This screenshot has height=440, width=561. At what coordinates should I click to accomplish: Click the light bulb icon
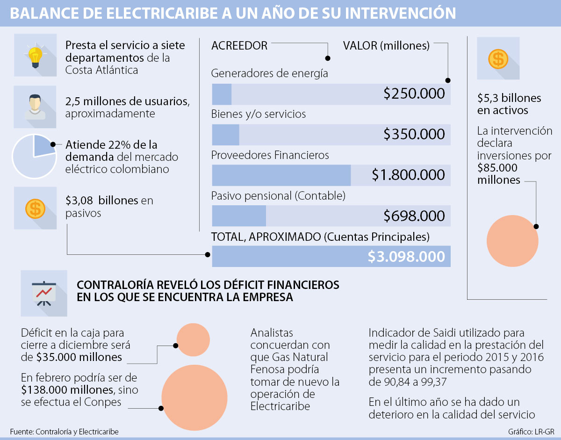(35, 55)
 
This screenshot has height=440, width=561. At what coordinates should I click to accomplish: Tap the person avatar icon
(35, 107)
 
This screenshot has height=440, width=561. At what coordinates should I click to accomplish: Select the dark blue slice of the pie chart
(42, 147)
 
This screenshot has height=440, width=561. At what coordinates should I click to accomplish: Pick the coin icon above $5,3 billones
(498, 58)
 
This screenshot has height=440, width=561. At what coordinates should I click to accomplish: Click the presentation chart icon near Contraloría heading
(43, 293)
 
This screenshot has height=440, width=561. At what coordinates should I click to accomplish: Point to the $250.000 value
(414, 94)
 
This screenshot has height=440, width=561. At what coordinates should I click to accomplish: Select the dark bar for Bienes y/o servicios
(225, 135)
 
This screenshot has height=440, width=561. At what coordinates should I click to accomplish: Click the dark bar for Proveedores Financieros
(281, 175)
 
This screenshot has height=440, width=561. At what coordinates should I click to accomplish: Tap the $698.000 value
(414, 216)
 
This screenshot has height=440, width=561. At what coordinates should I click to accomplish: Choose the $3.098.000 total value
(406, 257)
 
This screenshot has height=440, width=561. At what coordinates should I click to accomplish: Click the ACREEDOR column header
(239, 46)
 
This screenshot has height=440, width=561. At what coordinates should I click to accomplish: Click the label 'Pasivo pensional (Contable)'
(278, 195)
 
